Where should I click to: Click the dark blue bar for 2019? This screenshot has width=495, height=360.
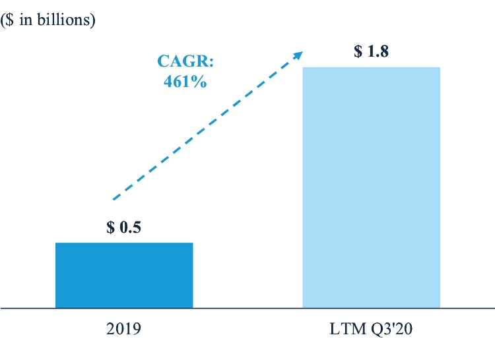[124, 275]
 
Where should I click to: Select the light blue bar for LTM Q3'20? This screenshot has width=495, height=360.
[371, 187]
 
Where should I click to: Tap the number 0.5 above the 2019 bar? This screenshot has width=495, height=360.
[133, 228]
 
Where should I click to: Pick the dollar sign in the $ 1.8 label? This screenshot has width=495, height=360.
[358, 52]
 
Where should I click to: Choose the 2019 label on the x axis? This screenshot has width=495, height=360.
[123, 327]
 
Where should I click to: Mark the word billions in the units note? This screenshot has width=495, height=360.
[67, 19]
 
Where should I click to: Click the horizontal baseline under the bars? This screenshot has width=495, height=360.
[247, 308]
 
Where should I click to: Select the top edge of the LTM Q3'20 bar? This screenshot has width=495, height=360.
[371, 67]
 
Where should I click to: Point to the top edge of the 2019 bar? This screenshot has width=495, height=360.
[124, 243]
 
